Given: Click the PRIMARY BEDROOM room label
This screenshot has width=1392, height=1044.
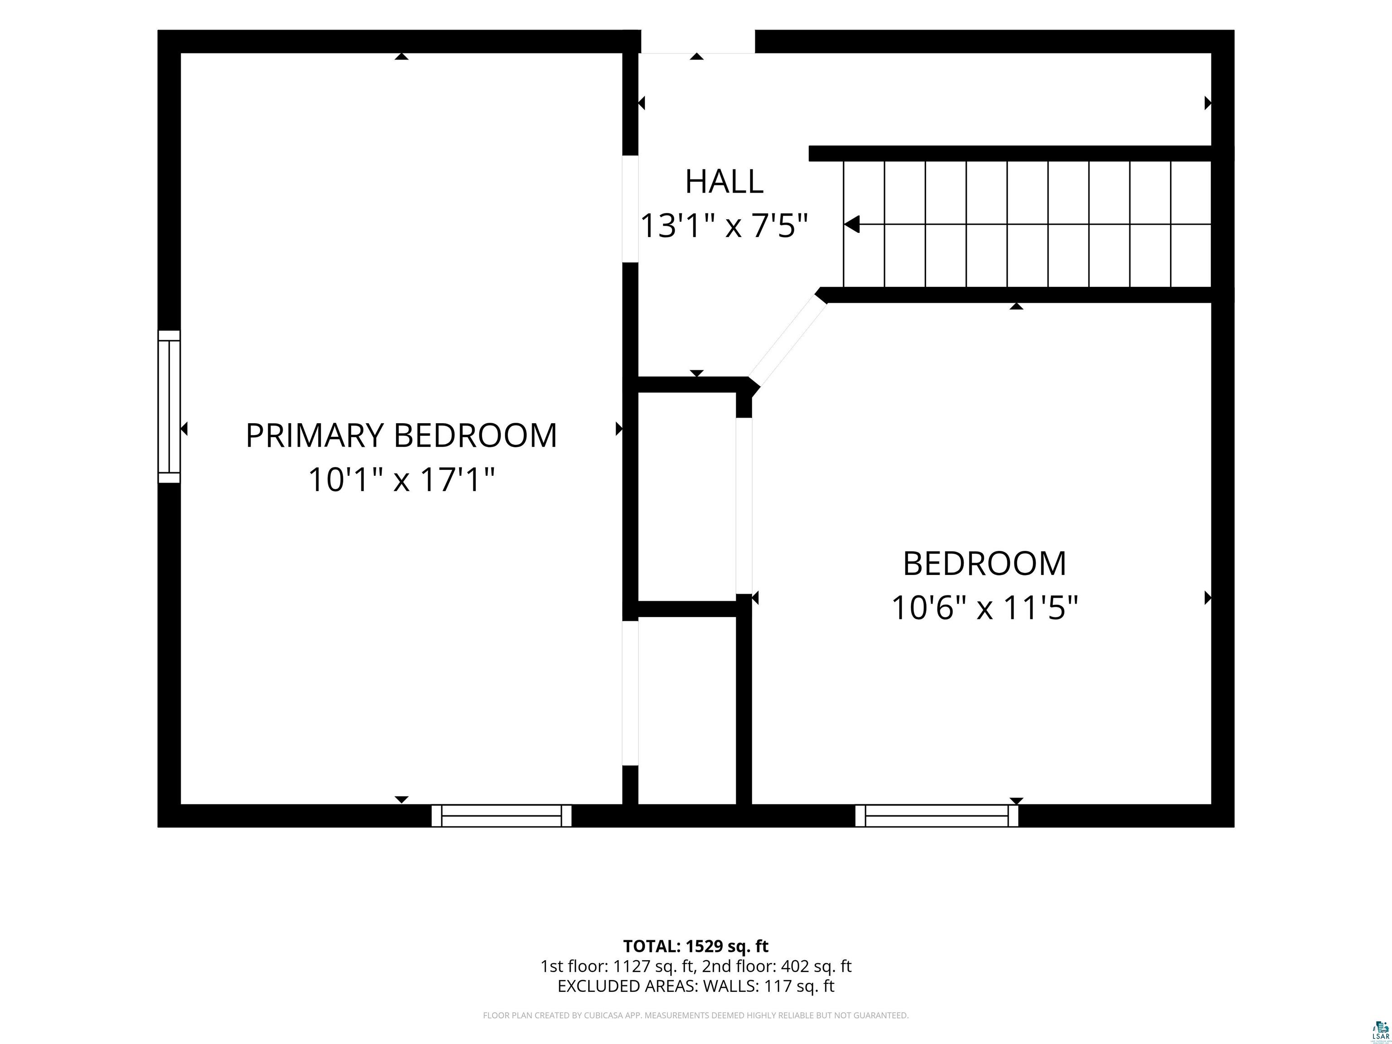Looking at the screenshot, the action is click(x=401, y=435).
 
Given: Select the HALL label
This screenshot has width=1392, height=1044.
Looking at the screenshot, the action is click(x=724, y=181).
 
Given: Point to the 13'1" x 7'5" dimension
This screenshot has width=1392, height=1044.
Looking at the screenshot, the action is click(x=724, y=225).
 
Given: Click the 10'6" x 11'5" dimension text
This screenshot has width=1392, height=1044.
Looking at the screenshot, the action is click(x=985, y=608).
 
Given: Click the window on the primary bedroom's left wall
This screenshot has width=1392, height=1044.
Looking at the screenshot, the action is click(x=169, y=406).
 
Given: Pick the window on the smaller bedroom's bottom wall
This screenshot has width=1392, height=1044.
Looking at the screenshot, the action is click(x=937, y=816).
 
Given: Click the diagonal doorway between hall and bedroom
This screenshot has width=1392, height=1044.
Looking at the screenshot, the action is click(x=787, y=343).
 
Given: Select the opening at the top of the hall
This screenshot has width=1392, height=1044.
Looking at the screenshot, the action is click(x=697, y=42).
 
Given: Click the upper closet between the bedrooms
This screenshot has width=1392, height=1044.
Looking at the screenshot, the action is click(x=687, y=497).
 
